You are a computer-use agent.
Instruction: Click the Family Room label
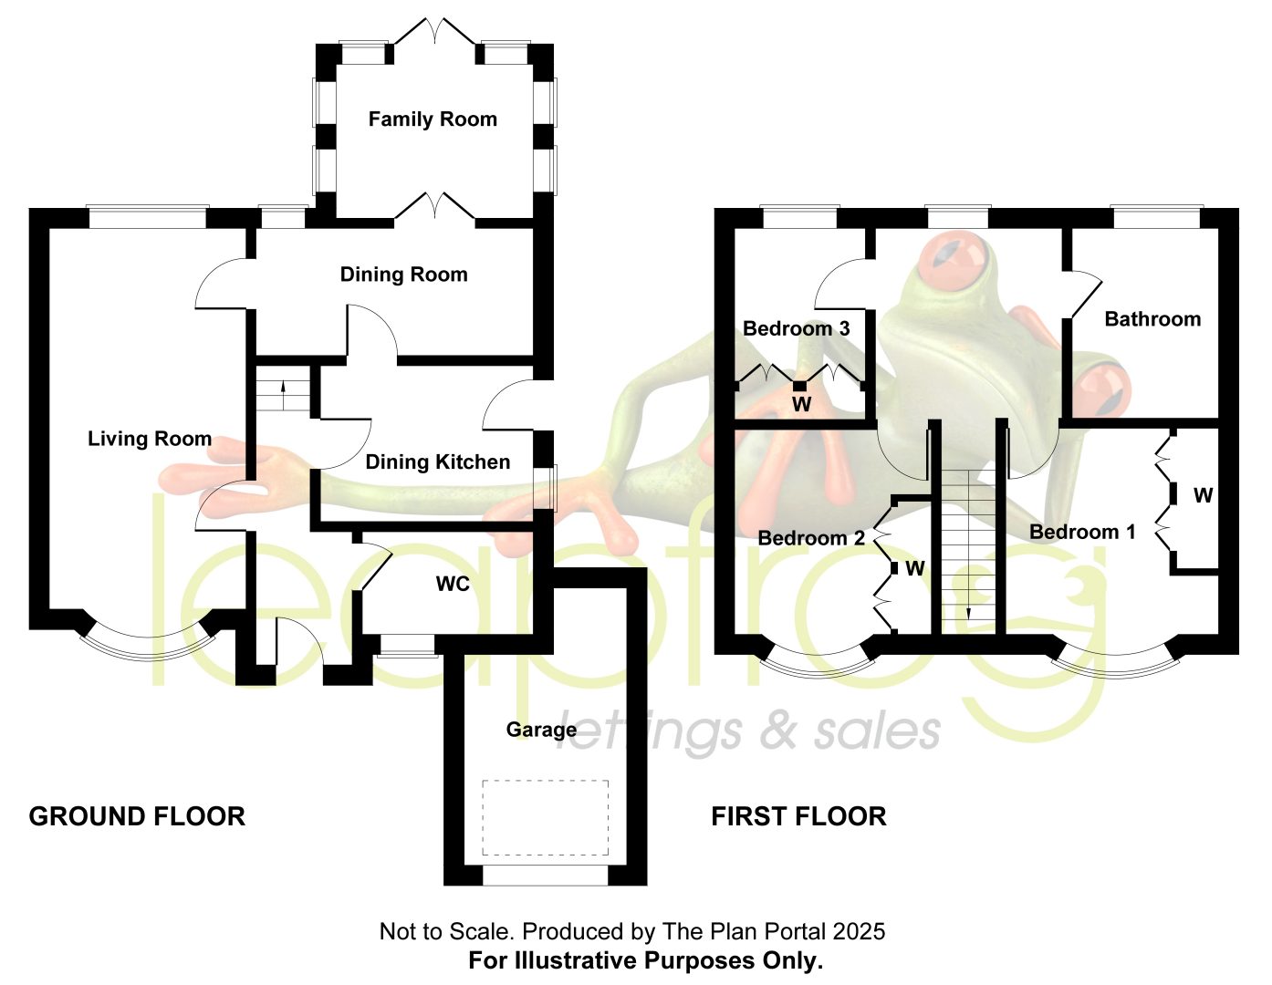[x=433, y=119]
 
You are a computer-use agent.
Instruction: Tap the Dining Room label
[x=404, y=275]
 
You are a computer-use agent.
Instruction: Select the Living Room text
[x=150, y=439]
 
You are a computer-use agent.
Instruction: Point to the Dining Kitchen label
[x=438, y=462]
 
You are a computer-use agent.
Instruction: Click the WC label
[x=453, y=584]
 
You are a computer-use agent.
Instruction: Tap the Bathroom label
[x=1152, y=319]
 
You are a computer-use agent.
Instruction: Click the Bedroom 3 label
[x=796, y=328]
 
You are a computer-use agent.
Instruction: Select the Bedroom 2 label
[x=811, y=538]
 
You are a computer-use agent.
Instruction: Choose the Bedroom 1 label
[x=1082, y=533]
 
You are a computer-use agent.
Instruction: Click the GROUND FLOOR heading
[x=137, y=816]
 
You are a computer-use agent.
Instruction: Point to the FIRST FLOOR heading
[x=798, y=816]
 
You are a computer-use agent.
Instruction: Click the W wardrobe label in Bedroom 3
[x=801, y=404]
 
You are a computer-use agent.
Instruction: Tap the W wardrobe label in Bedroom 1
[x=1203, y=496]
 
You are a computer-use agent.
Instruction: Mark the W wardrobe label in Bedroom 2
[x=915, y=568]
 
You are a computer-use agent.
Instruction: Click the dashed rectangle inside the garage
[x=546, y=781]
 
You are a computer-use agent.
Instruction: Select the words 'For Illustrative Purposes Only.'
[x=646, y=960]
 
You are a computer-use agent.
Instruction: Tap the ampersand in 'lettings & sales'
[x=778, y=733]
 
